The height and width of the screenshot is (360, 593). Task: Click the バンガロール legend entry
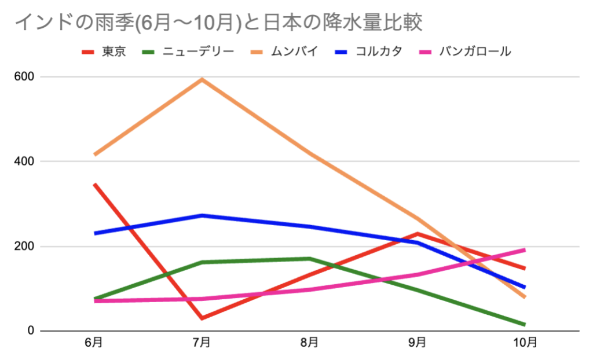475,52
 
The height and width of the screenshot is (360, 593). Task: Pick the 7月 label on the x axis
202,343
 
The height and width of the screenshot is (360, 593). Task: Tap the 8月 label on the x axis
309,343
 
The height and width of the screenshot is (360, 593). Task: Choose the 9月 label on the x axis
417,343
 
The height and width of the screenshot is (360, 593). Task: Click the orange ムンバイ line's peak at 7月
202,79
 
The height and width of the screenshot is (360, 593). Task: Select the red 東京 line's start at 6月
94,185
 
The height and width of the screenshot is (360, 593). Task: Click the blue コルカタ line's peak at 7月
202,215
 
